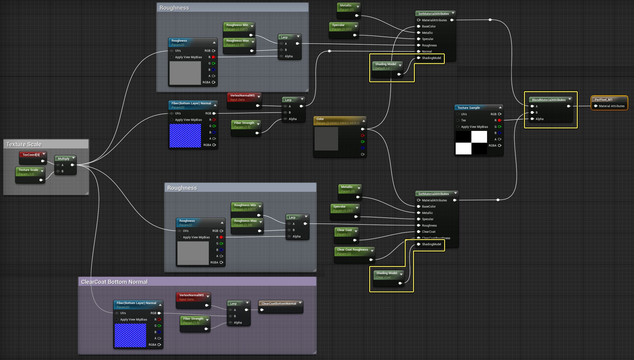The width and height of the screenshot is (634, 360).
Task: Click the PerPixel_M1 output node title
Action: click(603, 100)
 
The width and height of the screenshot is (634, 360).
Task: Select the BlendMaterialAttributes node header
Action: click(548, 100)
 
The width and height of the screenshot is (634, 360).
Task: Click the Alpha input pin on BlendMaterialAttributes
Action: click(532, 119)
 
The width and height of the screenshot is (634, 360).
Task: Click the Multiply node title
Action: click(64, 159)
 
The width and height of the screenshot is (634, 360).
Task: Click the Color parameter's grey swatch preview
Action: click(326, 139)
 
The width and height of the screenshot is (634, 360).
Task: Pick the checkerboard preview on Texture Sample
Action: click(471, 143)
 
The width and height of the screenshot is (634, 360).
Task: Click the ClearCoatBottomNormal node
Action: click(279, 303)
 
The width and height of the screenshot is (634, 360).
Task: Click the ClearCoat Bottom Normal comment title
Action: click(114, 282)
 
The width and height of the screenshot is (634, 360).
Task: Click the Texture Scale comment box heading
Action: click(24, 144)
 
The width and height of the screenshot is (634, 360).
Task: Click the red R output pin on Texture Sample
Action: click(499, 120)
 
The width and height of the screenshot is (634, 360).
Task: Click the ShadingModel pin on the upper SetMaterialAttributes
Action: click(419, 58)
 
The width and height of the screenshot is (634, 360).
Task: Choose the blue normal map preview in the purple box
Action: click(130, 335)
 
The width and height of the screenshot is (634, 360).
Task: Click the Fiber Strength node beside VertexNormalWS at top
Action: click(244, 125)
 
